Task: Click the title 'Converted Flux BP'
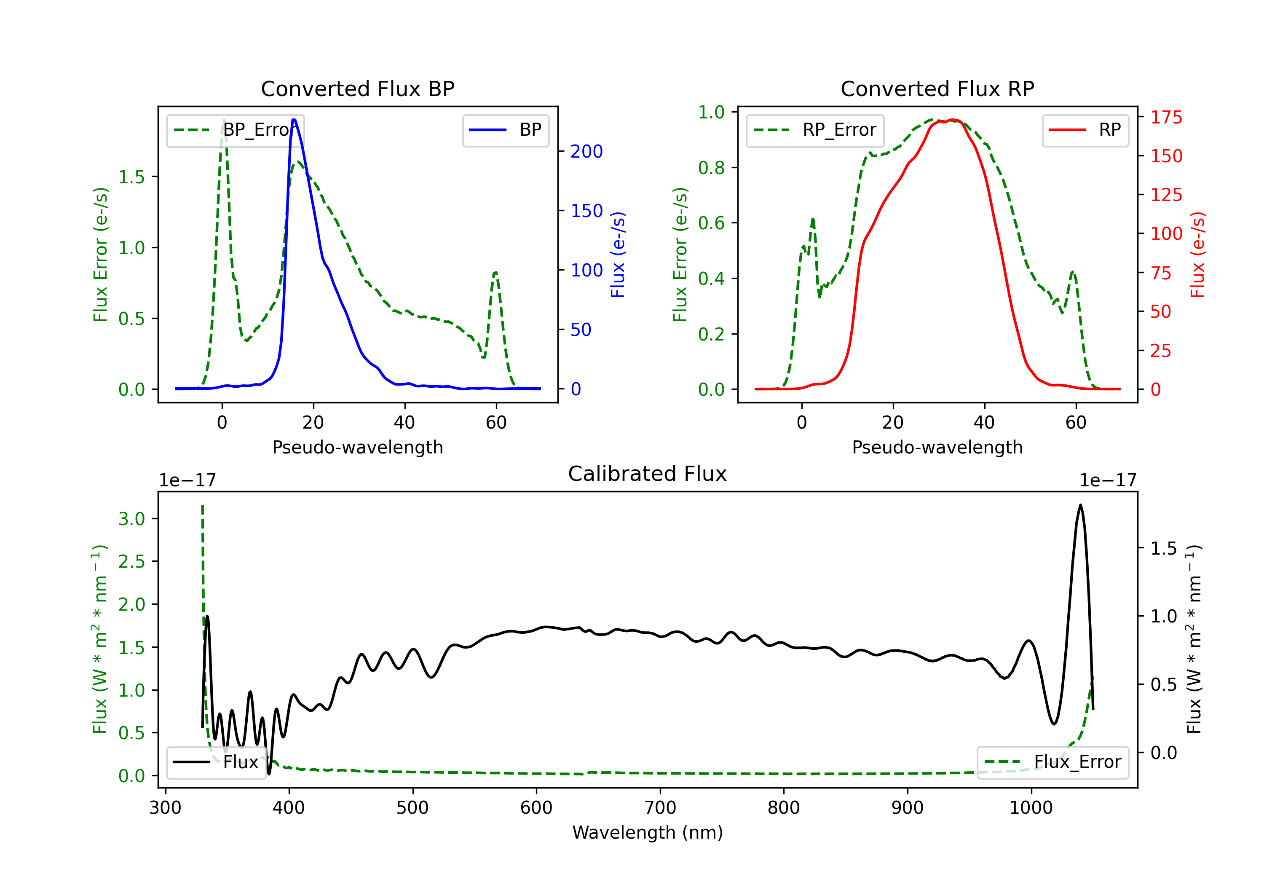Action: click(x=357, y=88)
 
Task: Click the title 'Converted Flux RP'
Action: click(x=937, y=88)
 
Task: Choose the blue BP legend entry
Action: click(x=505, y=130)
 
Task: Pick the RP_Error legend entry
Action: click(x=815, y=130)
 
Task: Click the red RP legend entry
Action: click(x=1085, y=130)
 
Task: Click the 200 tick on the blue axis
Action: click(x=586, y=151)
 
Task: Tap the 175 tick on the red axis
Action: click(x=1166, y=117)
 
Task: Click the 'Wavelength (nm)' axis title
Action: click(x=648, y=832)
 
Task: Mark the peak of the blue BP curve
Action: click(x=294, y=120)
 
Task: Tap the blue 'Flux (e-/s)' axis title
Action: click(x=618, y=255)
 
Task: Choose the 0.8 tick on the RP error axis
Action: click(x=711, y=167)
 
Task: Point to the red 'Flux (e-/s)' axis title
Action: click(x=1197, y=255)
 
